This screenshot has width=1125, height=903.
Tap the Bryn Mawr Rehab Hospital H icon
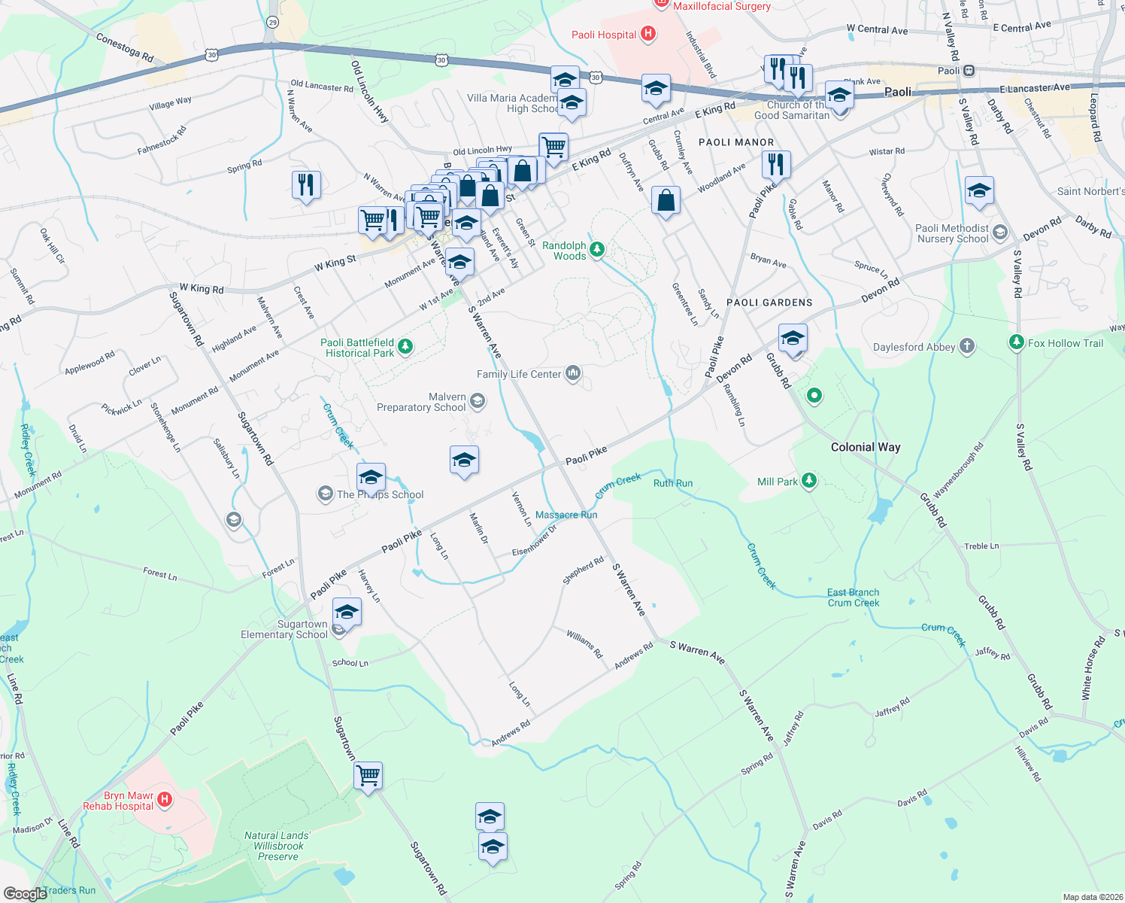tap(165, 799)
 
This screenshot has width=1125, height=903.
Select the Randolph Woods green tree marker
tap(597, 249)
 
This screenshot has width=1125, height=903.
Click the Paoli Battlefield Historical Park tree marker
tap(405, 346)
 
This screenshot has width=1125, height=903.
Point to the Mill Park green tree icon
tap(809, 481)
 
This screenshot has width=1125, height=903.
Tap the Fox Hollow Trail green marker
tap(1017, 343)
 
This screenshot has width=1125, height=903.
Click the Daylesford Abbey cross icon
tap(967, 346)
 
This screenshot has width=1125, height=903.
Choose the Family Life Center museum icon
tap(574, 373)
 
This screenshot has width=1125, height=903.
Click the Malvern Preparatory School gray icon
tap(478, 401)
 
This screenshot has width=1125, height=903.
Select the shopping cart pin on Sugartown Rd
tap(368, 774)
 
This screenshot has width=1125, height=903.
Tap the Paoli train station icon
tap(969, 71)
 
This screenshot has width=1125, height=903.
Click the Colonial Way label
tap(865, 447)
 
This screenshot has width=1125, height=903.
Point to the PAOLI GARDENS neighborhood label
tap(769, 303)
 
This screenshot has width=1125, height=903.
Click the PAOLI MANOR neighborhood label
tap(735, 142)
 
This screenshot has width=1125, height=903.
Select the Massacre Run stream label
tap(566, 515)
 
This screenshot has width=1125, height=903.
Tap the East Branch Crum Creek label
tap(853, 597)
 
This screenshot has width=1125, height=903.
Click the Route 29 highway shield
tap(272, 23)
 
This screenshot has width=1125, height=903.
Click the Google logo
tap(25, 894)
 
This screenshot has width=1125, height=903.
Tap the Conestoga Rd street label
tap(125, 47)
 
